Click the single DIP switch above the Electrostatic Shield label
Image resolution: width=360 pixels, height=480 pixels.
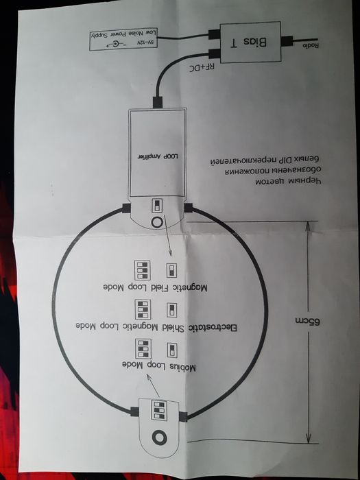pos(171,308)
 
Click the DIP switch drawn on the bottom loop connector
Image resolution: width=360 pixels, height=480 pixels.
pos(160,410)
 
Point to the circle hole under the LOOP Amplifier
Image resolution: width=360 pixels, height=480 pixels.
pos(158,222)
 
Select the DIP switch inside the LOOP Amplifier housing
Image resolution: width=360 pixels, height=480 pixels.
pos(158,204)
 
